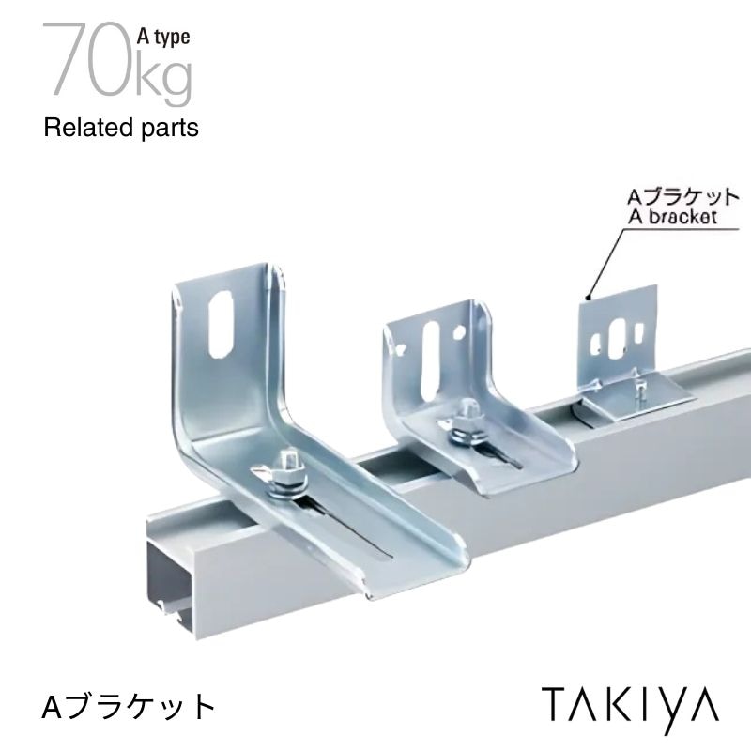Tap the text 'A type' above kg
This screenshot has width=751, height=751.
[x=164, y=38]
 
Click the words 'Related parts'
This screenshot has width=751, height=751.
[x=121, y=128]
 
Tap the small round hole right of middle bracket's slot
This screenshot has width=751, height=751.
[x=456, y=332]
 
